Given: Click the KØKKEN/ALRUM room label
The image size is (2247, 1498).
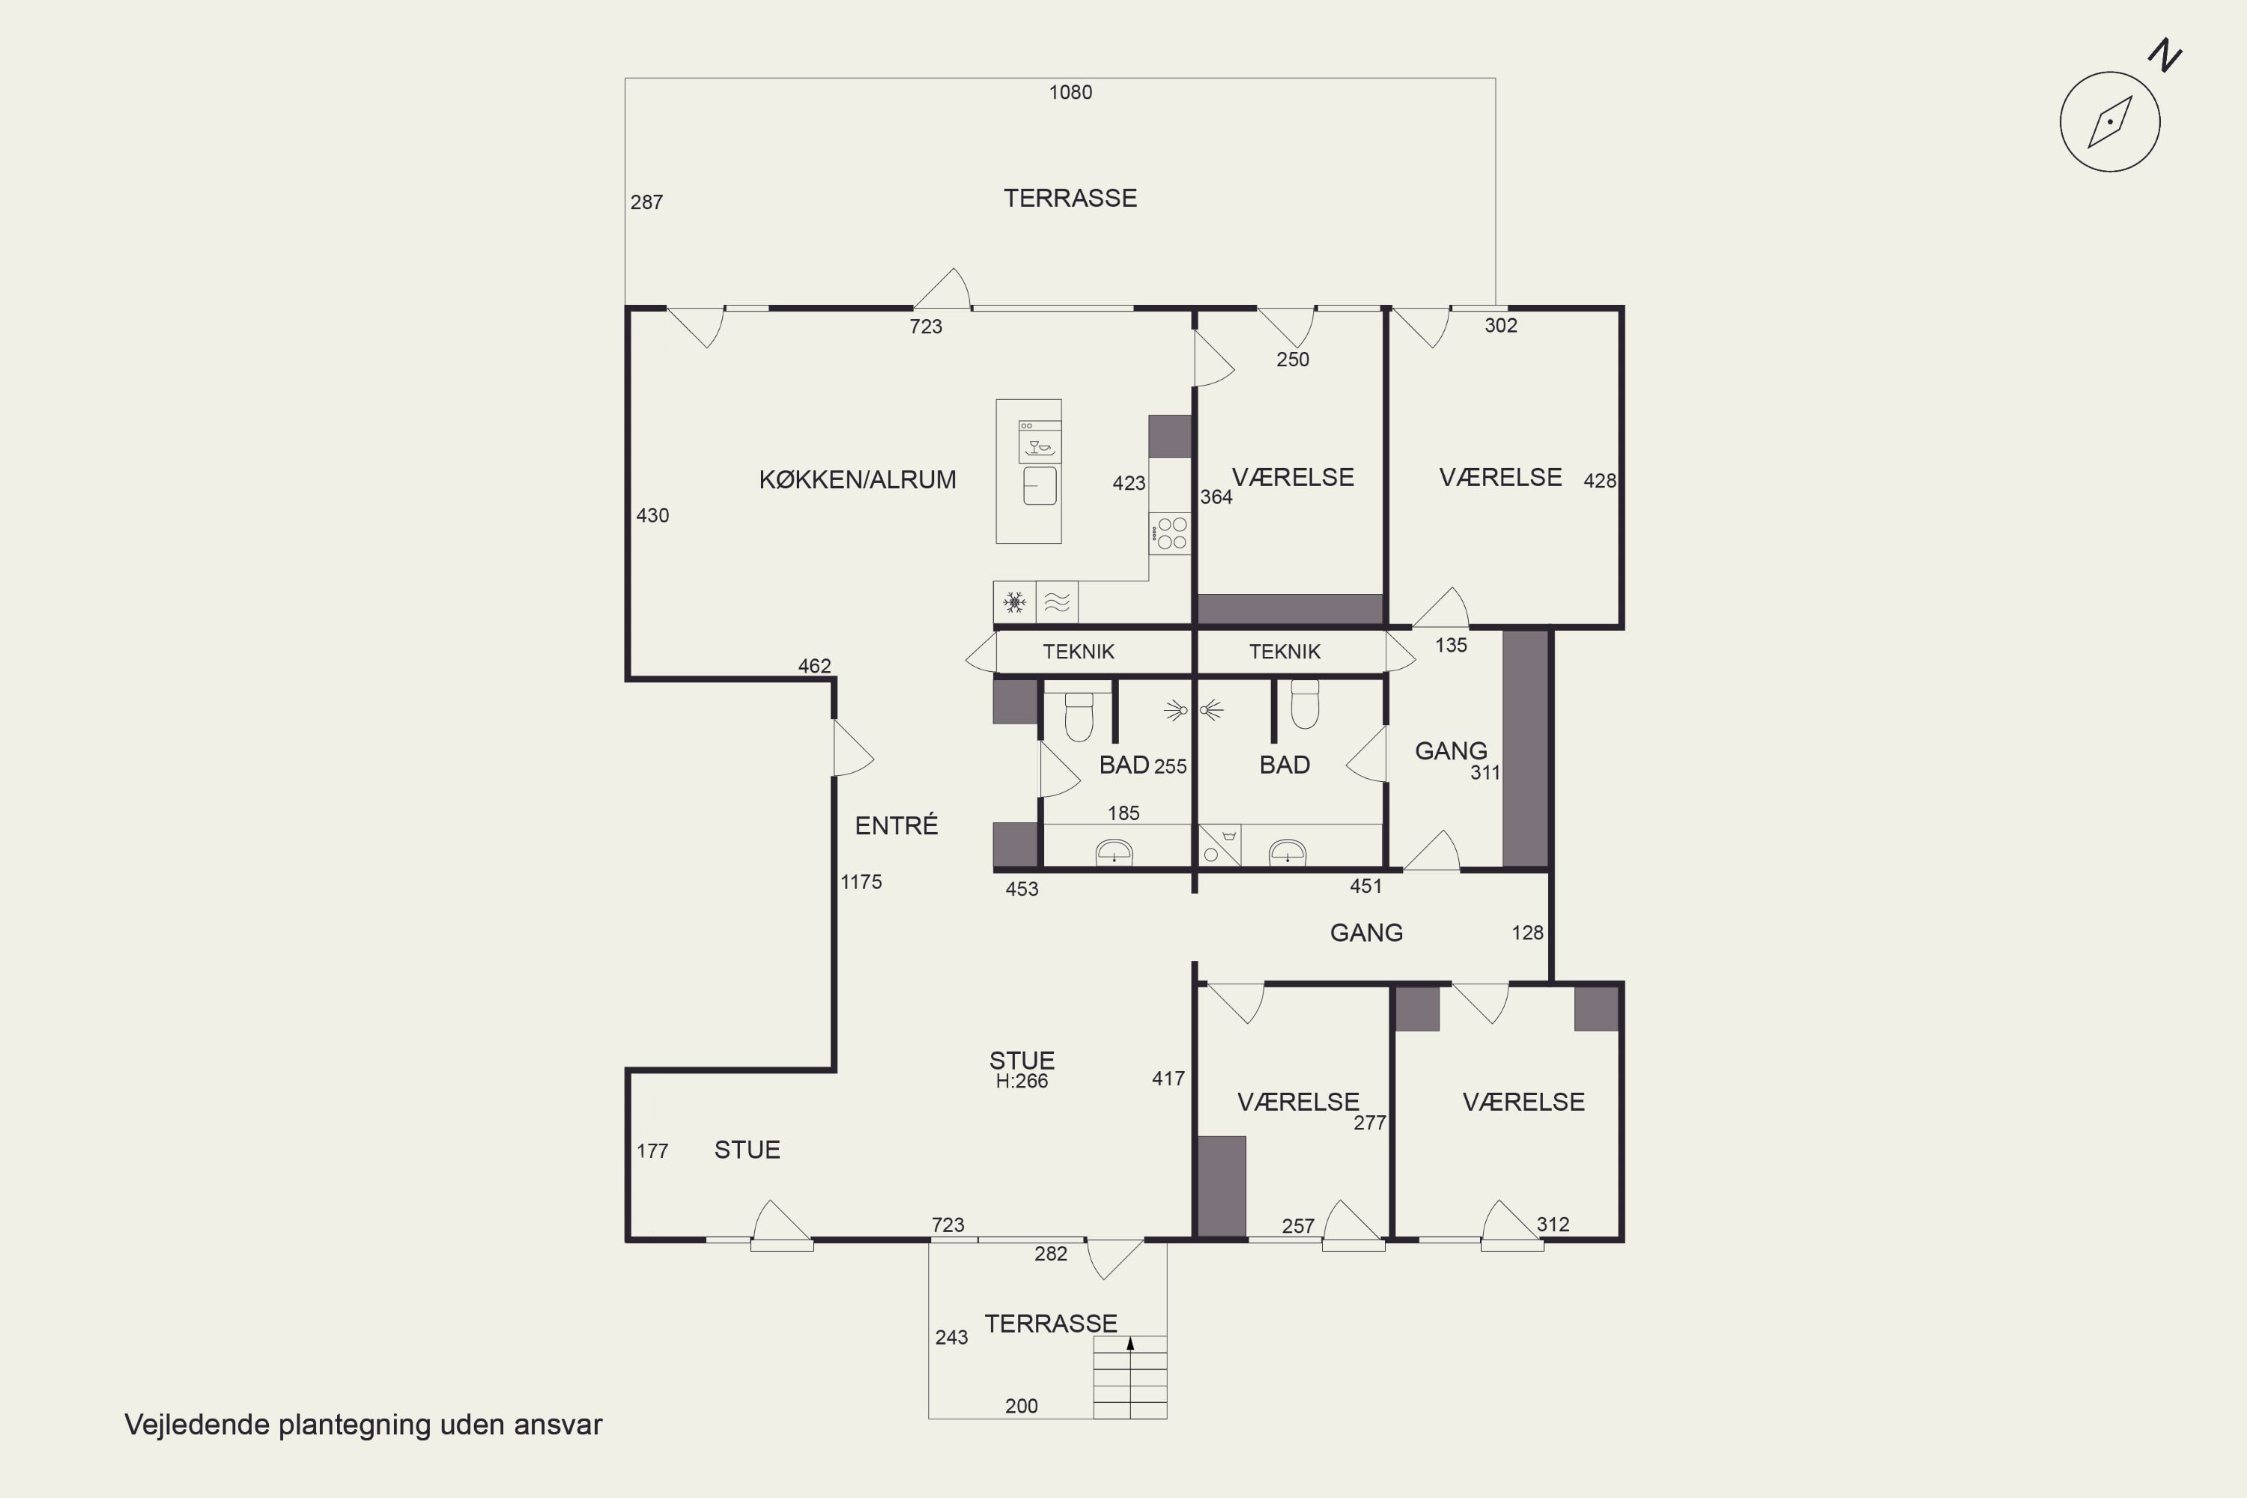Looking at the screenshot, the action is point(857,479).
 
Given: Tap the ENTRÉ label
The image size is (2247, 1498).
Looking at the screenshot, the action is point(896,825).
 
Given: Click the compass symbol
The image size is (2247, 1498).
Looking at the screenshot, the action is point(2109,121).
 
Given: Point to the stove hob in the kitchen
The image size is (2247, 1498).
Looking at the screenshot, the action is point(1170,534).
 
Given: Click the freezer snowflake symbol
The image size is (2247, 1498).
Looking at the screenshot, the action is point(1015,602).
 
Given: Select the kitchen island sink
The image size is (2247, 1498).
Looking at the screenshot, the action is point(1040,485).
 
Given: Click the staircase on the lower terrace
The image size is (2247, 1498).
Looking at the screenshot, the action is point(1130,1377).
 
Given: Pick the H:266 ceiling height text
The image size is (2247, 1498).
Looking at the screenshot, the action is point(1022,1082).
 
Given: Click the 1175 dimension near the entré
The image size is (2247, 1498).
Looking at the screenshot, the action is point(861,882).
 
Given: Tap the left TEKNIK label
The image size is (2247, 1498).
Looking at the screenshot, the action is point(1079,652).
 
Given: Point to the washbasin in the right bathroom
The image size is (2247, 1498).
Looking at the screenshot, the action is point(1287,852).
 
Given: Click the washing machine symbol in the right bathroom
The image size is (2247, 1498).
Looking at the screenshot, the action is point(1220,845).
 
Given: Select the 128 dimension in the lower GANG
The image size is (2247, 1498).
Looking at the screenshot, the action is point(1526,933).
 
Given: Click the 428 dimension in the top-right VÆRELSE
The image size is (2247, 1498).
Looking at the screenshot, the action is point(1599,481).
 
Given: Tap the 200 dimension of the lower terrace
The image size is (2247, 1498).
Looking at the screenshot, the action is point(1022,1405).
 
